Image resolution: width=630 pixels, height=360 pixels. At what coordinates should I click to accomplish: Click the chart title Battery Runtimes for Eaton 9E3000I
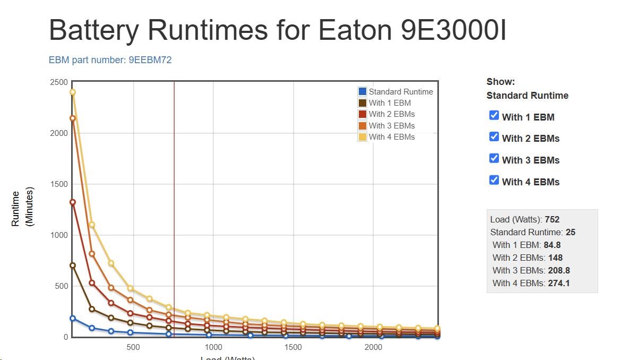click(x=277, y=30)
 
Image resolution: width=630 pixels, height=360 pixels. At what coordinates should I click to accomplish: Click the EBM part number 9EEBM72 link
click(x=110, y=60)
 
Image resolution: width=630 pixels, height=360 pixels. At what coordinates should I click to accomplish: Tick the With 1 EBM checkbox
click(x=494, y=116)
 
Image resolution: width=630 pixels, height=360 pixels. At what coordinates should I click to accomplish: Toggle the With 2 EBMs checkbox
click(x=494, y=137)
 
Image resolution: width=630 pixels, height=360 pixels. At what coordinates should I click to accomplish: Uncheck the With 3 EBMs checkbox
click(x=494, y=159)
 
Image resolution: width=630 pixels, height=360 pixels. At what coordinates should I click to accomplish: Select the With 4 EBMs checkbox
click(x=494, y=181)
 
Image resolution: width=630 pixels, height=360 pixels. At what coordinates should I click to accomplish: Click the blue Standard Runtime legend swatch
click(x=363, y=91)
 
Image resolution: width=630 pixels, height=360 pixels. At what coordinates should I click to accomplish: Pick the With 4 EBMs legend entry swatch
click(x=363, y=137)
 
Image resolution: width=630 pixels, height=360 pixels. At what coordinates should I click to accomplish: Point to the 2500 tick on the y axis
click(x=59, y=82)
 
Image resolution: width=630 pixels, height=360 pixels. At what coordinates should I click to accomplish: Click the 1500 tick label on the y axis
click(x=59, y=184)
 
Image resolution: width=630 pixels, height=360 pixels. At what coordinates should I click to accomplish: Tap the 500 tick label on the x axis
click(x=133, y=347)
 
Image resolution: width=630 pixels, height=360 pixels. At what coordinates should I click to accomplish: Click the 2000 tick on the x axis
click(x=373, y=347)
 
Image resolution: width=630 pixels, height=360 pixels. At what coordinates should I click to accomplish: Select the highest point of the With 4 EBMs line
click(x=73, y=92)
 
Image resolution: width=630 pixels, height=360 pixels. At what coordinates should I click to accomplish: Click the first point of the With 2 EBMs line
click(x=73, y=202)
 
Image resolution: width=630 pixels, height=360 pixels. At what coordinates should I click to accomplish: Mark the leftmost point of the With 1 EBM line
click(x=73, y=265)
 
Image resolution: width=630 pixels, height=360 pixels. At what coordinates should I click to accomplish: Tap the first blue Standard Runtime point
click(x=73, y=319)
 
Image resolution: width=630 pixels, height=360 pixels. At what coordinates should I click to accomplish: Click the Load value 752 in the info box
click(x=551, y=219)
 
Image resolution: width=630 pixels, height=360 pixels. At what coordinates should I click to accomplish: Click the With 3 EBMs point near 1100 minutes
click(x=92, y=225)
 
